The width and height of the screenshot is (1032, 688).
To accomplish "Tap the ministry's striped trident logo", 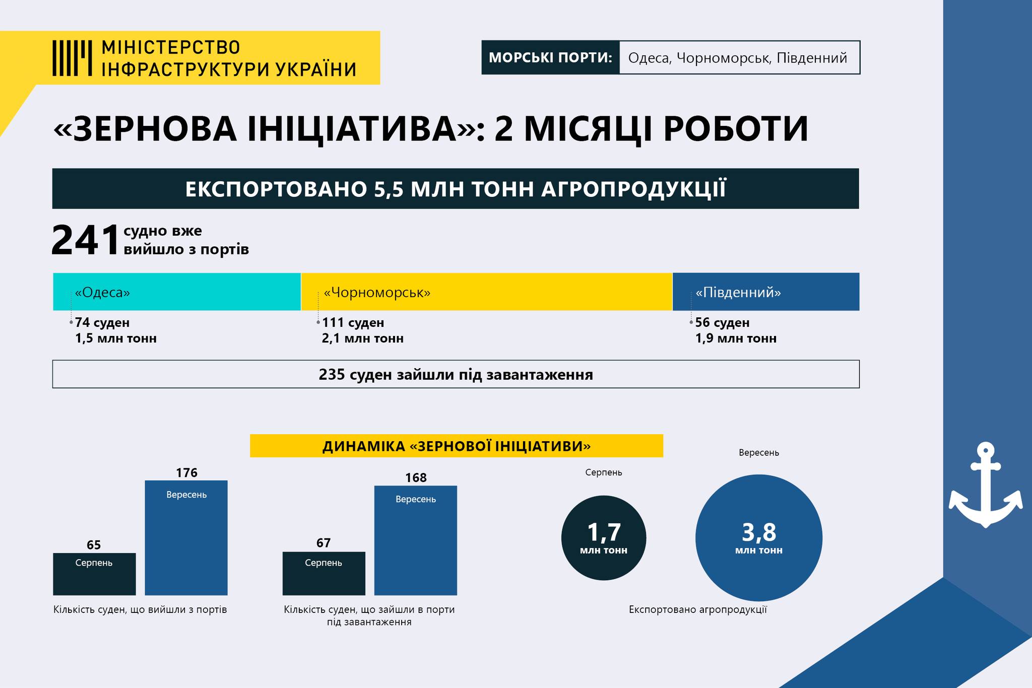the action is pyautogui.click(x=72, y=58).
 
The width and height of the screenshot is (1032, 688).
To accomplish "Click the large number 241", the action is pyautogui.click(x=85, y=240).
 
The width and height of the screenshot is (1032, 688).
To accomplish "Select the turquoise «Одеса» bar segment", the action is pyautogui.click(x=177, y=292).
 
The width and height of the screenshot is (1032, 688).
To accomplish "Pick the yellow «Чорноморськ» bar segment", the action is pyautogui.click(x=487, y=292).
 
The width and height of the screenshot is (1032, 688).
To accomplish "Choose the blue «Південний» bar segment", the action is pyautogui.click(x=766, y=292).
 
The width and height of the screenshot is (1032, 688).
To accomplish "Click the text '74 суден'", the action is pyautogui.click(x=102, y=322).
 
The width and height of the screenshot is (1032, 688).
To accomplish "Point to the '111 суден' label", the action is pyautogui.click(x=353, y=322).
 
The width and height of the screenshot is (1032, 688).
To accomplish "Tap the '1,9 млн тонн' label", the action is pyautogui.click(x=736, y=338).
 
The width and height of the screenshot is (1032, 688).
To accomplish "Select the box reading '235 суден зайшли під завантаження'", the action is pyautogui.click(x=456, y=374).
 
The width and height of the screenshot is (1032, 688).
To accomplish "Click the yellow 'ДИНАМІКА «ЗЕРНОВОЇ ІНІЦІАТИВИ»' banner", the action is pyautogui.click(x=457, y=446).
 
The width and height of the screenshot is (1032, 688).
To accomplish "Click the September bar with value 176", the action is pyautogui.click(x=186, y=538).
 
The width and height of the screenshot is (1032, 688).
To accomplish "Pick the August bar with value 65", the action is pyautogui.click(x=94, y=574).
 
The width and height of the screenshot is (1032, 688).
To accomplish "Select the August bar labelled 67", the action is pyautogui.click(x=324, y=574).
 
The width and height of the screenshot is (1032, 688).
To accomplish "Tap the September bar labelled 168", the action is pyautogui.click(x=416, y=540).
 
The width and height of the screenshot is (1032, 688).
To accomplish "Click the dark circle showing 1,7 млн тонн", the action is pyautogui.click(x=604, y=538).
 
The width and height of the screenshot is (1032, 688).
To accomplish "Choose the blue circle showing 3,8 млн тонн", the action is pyautogui.click(x=759, y=538).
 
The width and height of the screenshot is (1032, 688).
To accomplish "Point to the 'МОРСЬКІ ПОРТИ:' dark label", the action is pyautogui.click(x=550, y=57).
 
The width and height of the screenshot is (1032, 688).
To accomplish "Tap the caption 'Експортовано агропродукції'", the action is pyautogui.click(x=698, y=609).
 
